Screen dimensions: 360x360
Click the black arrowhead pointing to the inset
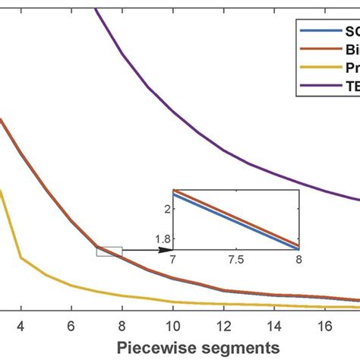click(x=168, y=249)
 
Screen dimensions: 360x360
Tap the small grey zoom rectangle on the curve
click(x=109, y=251)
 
